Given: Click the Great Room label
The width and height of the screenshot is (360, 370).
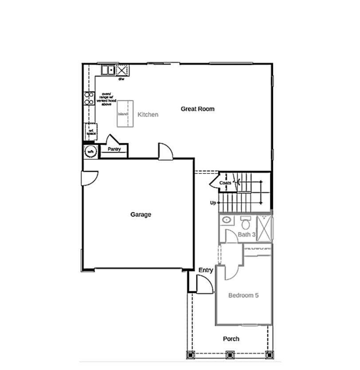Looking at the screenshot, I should pyautogui.click(x=197, y=109).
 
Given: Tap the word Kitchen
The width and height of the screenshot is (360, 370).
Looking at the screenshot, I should pyautogui.click(x=148, y=114).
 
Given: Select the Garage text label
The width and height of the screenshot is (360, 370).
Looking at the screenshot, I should pyautogui.click(x=141, y=215).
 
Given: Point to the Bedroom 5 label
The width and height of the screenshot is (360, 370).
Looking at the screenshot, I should pyautogui.click(x=243, y=295).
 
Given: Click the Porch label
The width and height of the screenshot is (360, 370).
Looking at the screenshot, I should pyautogui.click(x=231, y=339).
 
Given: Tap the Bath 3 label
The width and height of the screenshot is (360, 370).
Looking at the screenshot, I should pyautogui.click(x=247, y=234).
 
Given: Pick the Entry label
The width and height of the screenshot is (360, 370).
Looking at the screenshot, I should pyautogui.click(x=206, y=270).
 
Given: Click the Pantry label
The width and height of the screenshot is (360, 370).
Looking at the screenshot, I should pyautogui.click(x=114, y=150).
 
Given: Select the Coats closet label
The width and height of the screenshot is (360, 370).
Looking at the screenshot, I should pyautogui.click(x=225, y=182).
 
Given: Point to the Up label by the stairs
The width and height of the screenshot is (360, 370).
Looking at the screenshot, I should pyautogui.click(x=213, y=203).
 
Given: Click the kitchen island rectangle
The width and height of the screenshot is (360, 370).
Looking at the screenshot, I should pyautogui.click(x=125, y=114).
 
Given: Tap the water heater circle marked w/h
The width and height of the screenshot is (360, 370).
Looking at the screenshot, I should pyautogui.click(x=90, y=152).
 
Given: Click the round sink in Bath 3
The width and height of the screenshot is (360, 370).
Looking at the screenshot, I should pyautogui.click(x=227, y=220).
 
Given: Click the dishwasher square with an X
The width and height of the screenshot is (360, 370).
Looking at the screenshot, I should pyautogui.click(x=121, y=70).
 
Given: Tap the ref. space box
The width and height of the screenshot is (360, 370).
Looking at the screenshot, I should pyautogui.click(x=91, y=131).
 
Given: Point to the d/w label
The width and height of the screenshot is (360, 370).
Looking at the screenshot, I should pyautogui.click(x=121, y=79).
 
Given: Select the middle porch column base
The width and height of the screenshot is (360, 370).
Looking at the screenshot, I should pyautogui.click(x=230, y=354).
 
